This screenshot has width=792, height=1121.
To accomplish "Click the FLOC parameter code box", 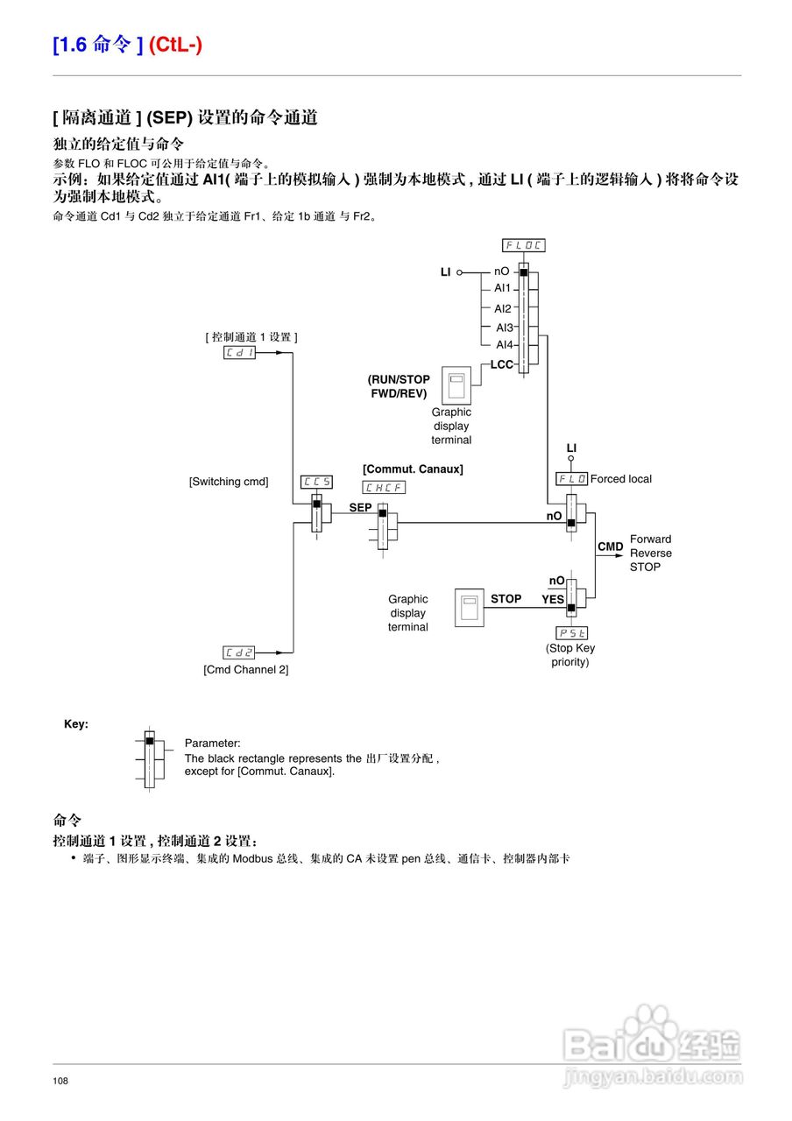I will [x=523, y=245].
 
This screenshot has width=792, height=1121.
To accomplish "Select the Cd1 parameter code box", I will [x=239, y=352].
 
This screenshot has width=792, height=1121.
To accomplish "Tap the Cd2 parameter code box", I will [x=239, y=652].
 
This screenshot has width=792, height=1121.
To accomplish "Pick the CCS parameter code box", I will [x=316, y=482].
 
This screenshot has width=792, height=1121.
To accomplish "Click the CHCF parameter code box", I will [x=384, y=488].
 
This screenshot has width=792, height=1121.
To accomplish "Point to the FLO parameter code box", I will [x=572, y=479].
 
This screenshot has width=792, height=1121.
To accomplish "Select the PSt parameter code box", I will [x=572, y=632].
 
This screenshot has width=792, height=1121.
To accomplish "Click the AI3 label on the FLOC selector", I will [x=504, y=328].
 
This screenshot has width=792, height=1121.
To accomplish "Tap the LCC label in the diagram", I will [x=502, y=364].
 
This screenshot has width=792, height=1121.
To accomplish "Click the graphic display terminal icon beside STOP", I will [x=470, y=607].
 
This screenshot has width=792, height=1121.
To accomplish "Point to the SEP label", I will [x=360, y=507].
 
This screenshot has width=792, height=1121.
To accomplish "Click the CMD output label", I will [x=611, y=546].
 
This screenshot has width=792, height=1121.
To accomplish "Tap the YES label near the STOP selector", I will [x=553, y=600].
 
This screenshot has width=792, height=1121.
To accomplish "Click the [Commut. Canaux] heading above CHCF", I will [x=413, y=469].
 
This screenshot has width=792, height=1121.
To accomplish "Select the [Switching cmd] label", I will [x=229, y=482].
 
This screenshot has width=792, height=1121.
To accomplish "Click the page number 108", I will [x=60, y=1082].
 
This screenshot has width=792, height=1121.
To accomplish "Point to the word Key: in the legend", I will [x=76, y=724].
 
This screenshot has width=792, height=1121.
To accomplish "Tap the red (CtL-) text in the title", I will [x=175, y=45].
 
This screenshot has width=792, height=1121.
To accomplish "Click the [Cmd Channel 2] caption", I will [x=245, y=669].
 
